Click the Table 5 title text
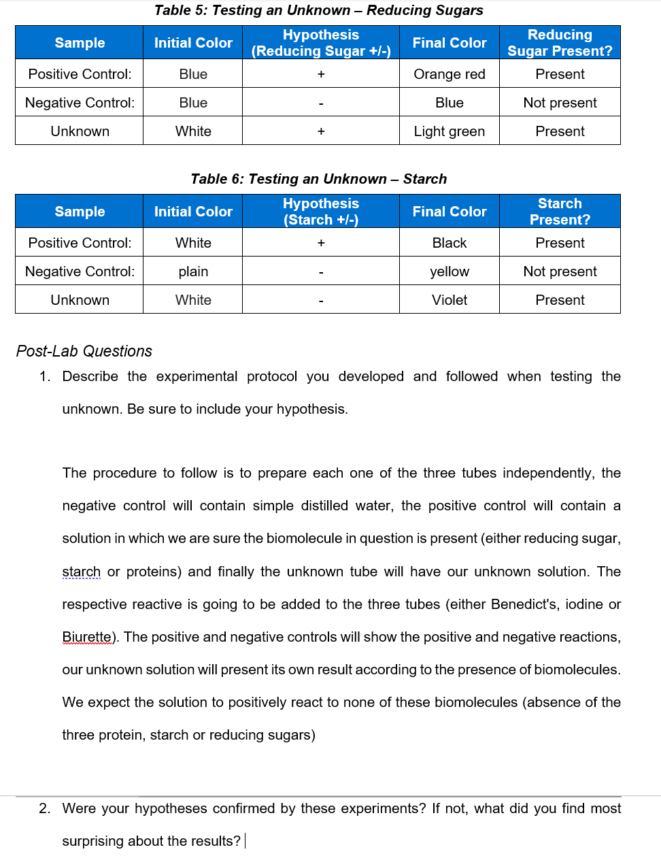[x=318, y=10]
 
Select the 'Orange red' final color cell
[x=450, y=74]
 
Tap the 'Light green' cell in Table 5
[x=450, y=131]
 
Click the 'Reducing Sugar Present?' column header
[x=560, y=43]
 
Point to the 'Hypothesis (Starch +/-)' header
[x=321, y=212]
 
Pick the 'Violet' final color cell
[x=450, y=300]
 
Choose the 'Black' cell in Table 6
[x=450, y=243]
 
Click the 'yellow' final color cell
[x=450, y=271]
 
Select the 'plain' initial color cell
[x=193, y=271]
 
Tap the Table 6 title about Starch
[x=318, y=179]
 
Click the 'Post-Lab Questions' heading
[x=84, y=351]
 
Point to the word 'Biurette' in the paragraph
[x=86, y=637]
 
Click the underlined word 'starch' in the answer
[x=81, y=572]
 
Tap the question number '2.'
[x=45, y=808]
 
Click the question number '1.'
[x=45, y=376]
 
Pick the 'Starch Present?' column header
[x=560, y=212]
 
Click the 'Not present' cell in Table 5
[x=560, y=103]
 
